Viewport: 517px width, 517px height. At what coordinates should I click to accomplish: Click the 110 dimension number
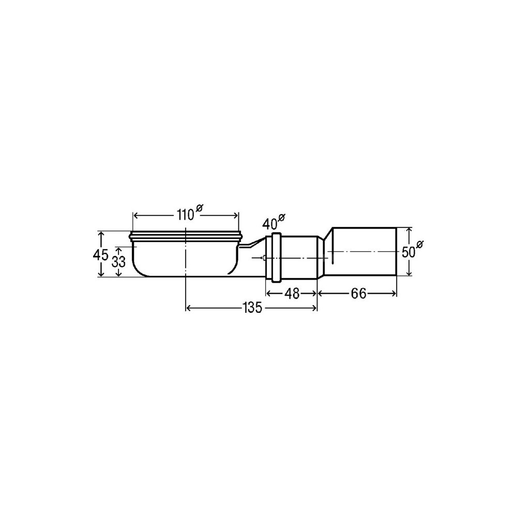pos(186,215)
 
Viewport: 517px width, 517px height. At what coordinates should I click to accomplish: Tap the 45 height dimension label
pos(101,254)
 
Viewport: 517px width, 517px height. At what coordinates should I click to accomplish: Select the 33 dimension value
pos(118,262)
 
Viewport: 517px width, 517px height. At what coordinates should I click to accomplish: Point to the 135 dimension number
pos(252,308)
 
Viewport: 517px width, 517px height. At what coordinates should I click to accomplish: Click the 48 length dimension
pos(292,293)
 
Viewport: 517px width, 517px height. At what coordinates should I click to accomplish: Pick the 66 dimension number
pos(358,293)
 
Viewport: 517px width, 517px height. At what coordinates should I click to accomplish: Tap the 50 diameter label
pos(408,253)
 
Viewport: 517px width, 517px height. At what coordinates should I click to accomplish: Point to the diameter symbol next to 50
pos(420,245)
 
